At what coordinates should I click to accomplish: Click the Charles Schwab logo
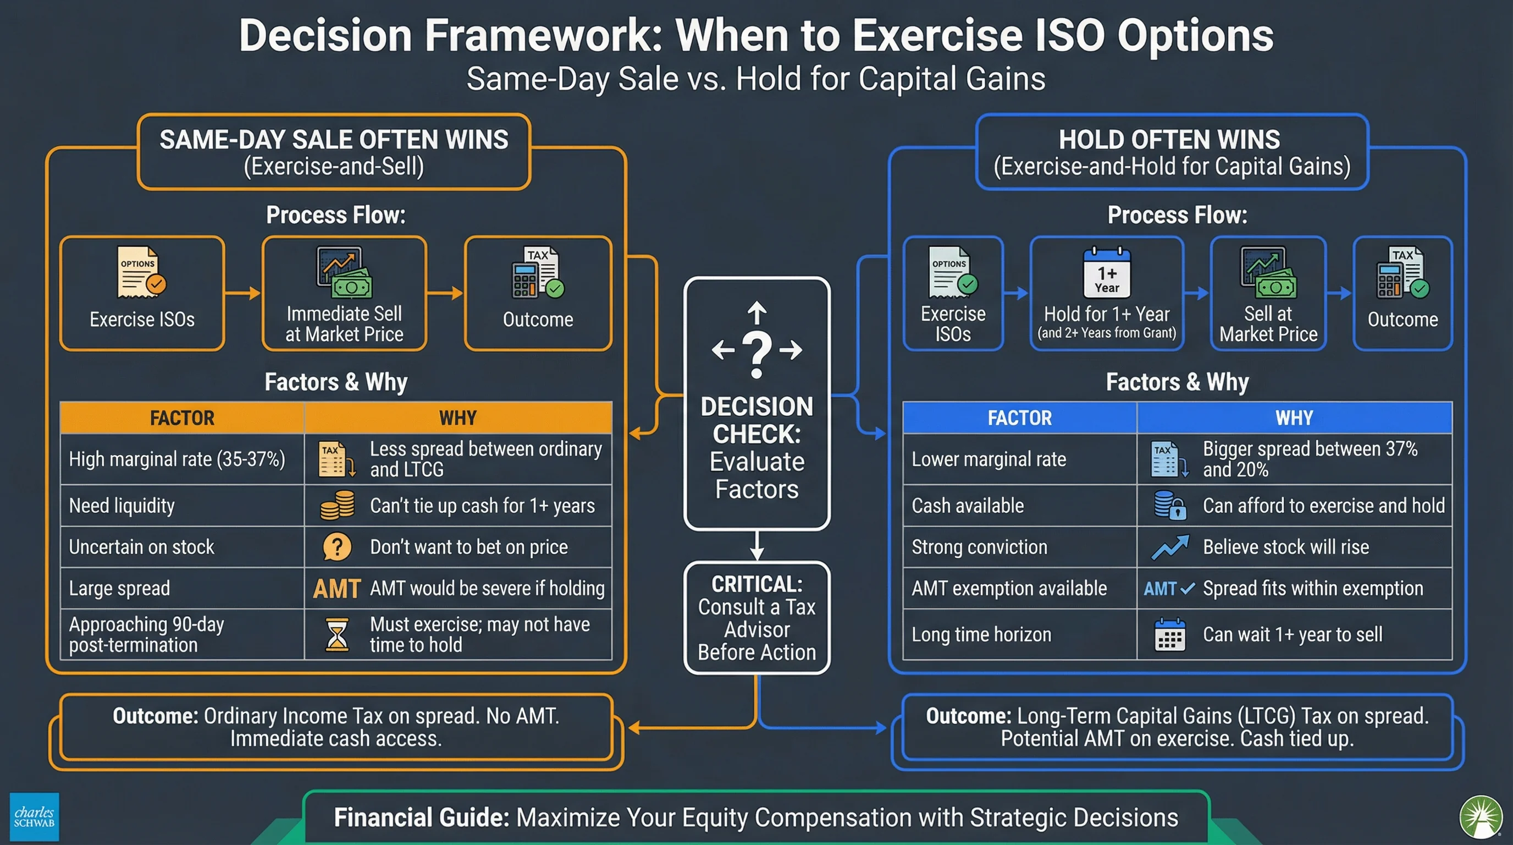click(x=34, y=817)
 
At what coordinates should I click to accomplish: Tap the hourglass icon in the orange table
click(x=336, y=634)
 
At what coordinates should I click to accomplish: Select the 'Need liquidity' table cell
click(x=182, y=506)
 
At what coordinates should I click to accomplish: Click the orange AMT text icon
click(x=336, y=588)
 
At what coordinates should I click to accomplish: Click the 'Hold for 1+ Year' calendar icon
click(x=1107, y=273)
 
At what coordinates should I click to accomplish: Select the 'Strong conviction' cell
click(x=1019, y=547)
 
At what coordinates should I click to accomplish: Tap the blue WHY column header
click(x=1294, y=418)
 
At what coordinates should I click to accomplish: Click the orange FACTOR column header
click(x=182, y=418)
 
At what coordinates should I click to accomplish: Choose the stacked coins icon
click(x=337, y=506)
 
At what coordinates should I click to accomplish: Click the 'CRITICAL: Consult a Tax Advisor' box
click(x=756, y=618)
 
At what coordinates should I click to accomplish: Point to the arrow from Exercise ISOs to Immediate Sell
click(x=242, y=293)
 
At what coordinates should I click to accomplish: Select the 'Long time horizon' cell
click(x=1019, y=635)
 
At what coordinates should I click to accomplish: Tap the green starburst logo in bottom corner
click(x=1481, y=817)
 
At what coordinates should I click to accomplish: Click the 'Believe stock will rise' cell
click(x=1294, y=547)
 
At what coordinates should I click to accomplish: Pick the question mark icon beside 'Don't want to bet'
click(x=337, y=547)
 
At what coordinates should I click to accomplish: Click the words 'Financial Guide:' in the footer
click(x=421, y=817)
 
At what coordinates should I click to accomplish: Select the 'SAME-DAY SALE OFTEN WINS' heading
click(x=334, y=140)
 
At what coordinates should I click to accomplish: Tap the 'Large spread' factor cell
click(x=182, y=588)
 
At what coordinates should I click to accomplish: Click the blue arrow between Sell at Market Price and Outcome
click(x=1340, y=293)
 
